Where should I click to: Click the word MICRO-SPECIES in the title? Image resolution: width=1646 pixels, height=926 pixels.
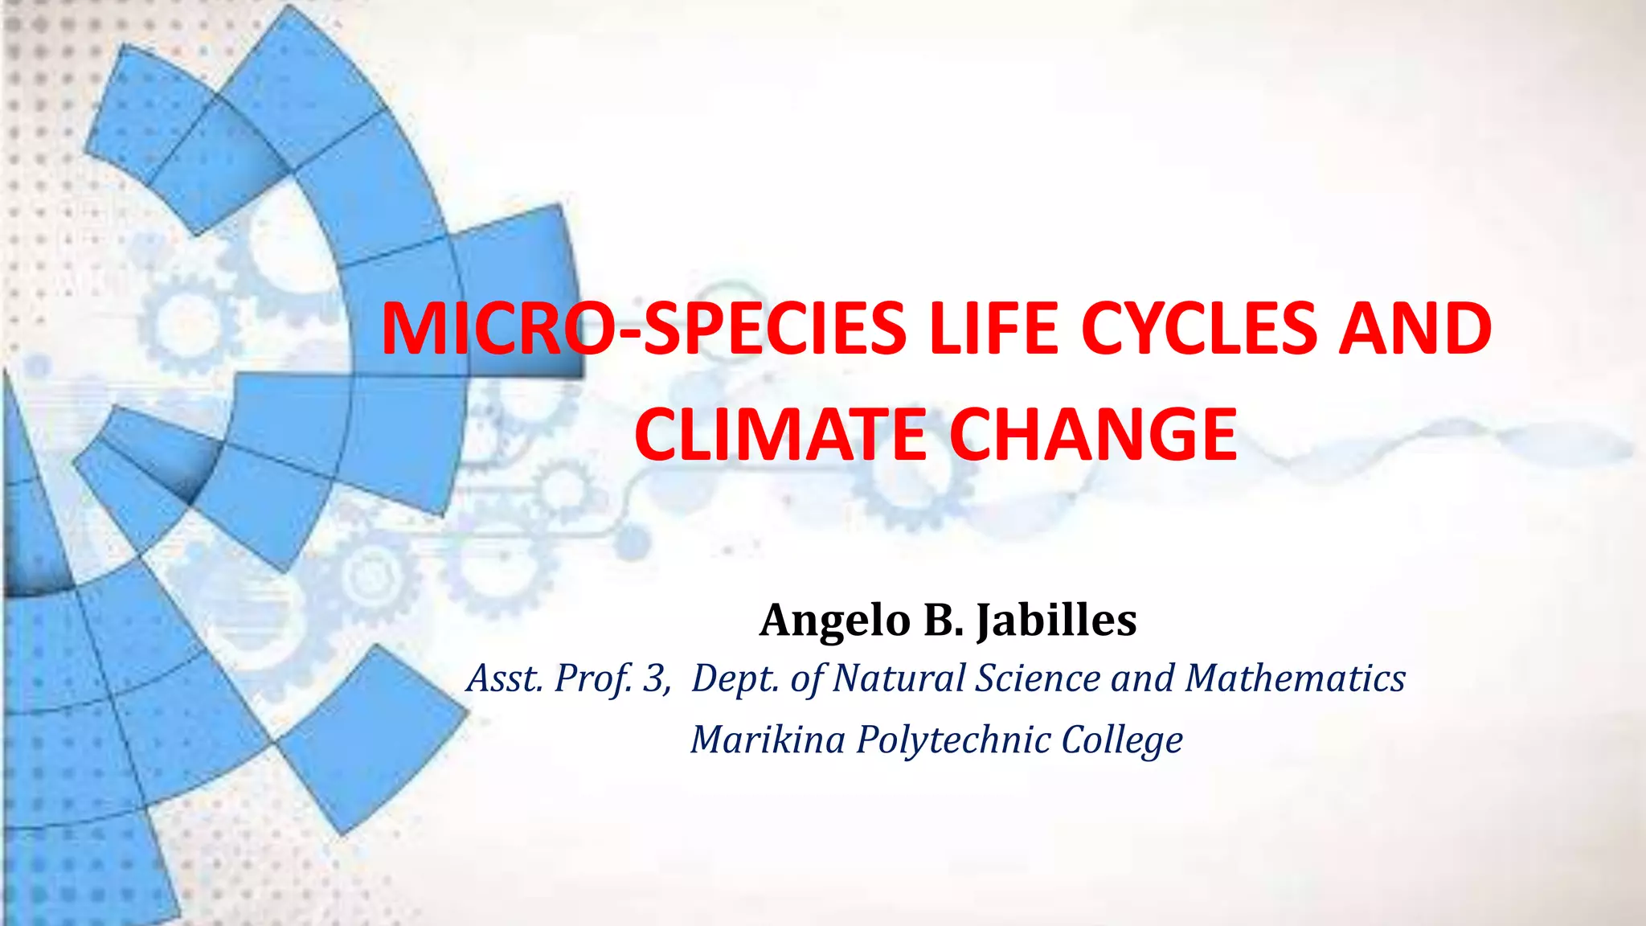pyautogui.click(x=643, y=330)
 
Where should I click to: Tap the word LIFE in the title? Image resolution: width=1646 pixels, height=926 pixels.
pyautogui.click(x=993, y=330)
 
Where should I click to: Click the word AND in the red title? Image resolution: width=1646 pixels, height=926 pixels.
pyautogui.click(x=1415, y=330)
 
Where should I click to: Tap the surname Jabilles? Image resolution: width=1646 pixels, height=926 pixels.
pyautogui.click(x=1056, y=621)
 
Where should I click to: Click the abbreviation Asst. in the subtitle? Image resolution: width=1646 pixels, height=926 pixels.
pyautogui.click(x=505, y=679)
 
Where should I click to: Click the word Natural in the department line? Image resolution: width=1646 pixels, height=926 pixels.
pyautogui.click(x=898, y=679)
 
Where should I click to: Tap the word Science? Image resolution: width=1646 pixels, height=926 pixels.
pyautogui.click(x=1038, y=679)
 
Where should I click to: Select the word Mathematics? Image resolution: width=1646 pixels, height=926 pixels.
pyautogui.click(x=1296, y=679)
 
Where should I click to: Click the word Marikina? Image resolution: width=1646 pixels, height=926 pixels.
pyautogui.click(x=768, y=740)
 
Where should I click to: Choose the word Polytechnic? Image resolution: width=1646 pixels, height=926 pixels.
pyautogui.click(x=953, y=740)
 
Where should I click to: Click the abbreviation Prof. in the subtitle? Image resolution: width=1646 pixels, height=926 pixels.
pyautogui.click(x=593, y=679)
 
